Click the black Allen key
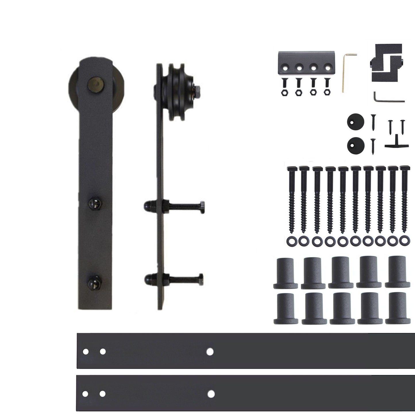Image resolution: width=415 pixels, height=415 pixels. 388,99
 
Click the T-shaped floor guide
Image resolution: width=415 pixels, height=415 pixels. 396,144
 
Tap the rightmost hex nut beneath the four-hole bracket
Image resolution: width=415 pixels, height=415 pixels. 327,92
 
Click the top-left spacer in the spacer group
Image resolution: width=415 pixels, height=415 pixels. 285,273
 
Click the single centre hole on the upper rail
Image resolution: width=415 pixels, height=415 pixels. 210,351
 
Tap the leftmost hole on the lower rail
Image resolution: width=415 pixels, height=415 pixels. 85,393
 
